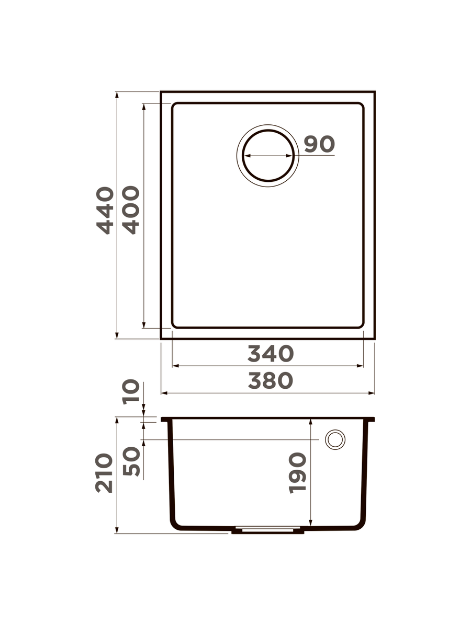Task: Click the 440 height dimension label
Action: (x=105, y=211)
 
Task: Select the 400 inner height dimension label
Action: (x=131, y=210)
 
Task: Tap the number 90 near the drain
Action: (x=319, y=144)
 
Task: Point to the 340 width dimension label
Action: (x=271, y=354)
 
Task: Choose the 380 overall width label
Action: (x=271, y=381)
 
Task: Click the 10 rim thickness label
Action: (x=131, y=392)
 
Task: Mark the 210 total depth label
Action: (x=104, y=473)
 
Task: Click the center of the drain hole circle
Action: (x=268, y=156)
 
